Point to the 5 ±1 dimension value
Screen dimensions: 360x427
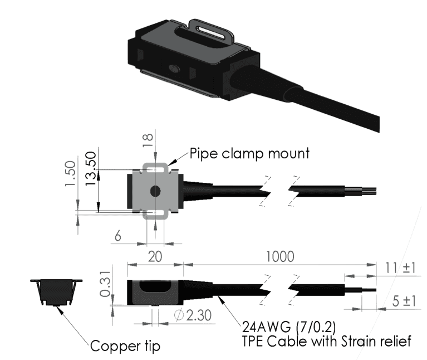(403, 301)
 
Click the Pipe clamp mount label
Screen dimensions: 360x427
(249, 153)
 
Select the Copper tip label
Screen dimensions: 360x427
(125, 346)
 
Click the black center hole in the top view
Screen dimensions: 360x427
(155, 191)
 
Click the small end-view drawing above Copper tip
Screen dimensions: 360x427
(55, 291)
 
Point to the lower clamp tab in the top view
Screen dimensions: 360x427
(155, 214)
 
